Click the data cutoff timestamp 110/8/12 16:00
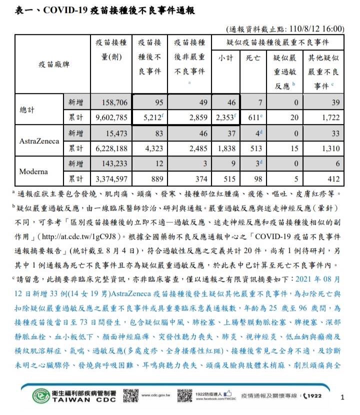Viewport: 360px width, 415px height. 320,28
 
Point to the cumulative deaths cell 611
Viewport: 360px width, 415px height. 252,118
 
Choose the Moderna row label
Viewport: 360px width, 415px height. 33,171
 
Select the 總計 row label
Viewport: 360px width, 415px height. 28,110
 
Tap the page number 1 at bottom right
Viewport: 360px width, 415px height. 342,397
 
